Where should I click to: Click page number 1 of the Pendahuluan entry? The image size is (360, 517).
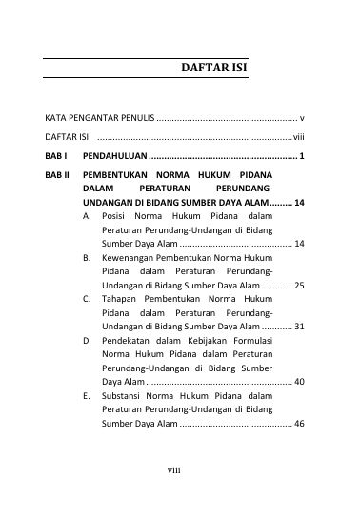coord(301,155)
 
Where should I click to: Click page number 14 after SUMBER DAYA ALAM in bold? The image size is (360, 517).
coord(299,203)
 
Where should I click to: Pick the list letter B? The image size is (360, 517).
coord(87,258)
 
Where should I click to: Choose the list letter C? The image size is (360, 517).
coord(87,299)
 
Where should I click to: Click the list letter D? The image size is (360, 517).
coord(87,340)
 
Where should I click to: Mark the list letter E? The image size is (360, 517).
coord(87,394)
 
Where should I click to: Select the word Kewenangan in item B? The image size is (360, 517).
coord(127,258)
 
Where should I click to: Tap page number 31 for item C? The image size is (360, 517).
coord(299,326)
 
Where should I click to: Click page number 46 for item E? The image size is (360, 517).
coord(299,421)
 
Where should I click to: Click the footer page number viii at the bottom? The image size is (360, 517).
coord(174,496)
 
